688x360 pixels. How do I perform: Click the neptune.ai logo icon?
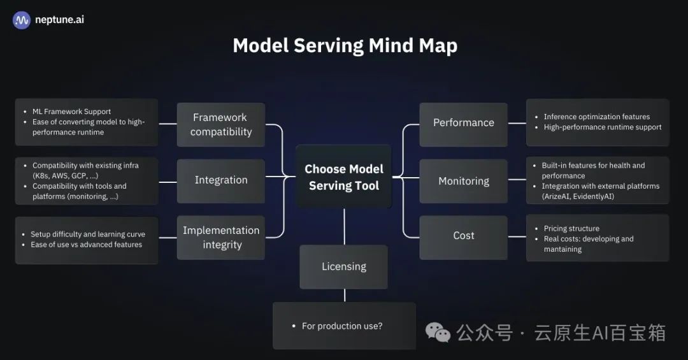[22, 20]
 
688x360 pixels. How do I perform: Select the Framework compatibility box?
[221, 124]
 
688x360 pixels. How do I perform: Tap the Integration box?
[221, 180]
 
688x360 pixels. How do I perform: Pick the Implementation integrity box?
[221, 237]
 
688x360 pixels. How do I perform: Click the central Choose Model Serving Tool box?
[344, 177]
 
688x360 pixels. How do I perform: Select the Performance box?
[463, 123]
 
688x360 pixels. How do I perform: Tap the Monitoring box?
[463, 181]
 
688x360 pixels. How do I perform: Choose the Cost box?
[463, 236]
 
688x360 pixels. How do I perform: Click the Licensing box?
[344, 266]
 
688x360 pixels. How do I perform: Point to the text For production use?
[342, 326]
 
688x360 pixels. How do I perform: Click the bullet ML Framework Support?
[71, 112]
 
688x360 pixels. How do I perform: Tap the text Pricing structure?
[571, 228]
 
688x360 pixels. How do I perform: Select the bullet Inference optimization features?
[596, 117]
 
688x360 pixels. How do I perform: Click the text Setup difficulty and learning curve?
[88, 234]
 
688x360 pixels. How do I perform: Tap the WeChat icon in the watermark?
[438, 333]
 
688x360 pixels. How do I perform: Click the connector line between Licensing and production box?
[345, 295]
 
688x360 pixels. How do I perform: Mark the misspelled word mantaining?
[563, 249]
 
